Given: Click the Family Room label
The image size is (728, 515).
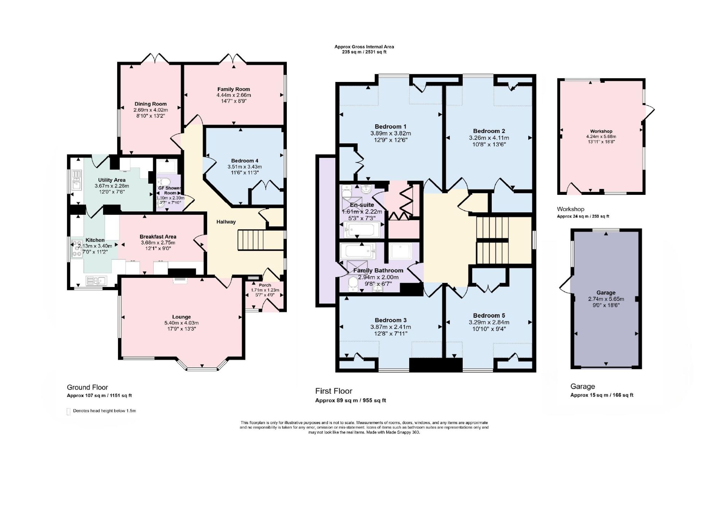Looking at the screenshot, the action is pos(234,89).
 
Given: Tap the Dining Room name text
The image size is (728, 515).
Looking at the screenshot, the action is pos(151,104).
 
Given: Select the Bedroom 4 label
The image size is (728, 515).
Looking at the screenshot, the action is pos(245,161).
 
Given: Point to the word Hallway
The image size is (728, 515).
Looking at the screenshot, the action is pos(226,222).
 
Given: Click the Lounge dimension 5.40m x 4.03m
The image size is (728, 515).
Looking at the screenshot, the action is pos(182,323).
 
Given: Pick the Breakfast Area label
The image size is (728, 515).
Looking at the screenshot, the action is pos(158,237).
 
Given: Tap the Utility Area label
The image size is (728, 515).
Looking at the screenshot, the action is pos(112,180).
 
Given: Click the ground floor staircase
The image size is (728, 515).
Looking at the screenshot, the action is pos(261,240).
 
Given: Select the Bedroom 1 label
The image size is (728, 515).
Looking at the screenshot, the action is pos(391,127).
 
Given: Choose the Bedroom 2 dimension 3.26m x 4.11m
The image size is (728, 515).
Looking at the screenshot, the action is pos(489,138).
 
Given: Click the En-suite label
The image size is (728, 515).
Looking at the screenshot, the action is pos(362,205).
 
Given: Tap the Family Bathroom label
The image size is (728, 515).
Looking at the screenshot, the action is pos(378,271).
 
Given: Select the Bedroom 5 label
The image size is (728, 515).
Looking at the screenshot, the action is pos(489,316).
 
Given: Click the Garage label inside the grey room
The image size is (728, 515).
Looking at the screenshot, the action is pos(606,293).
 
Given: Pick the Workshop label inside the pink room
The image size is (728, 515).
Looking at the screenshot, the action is pos(601,131).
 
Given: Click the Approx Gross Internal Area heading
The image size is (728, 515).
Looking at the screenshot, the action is pos(364,47).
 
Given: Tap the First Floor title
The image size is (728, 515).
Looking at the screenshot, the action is pos(334,391).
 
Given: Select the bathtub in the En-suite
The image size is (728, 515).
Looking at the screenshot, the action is pos(363,229).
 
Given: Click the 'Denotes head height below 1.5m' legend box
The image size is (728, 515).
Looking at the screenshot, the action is pos(68,412).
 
